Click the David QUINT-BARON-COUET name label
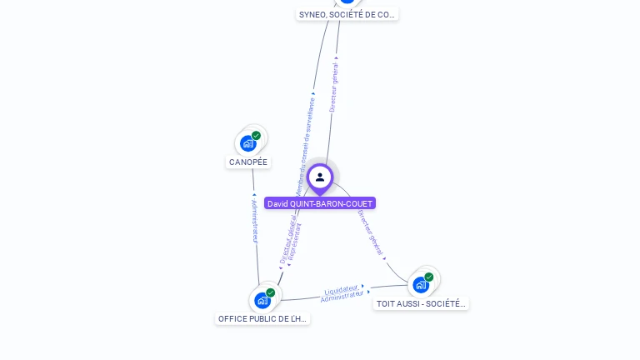click(320, 203)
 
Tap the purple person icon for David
click(320, 177)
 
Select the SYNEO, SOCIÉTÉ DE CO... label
click(347, 14)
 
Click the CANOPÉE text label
click(248, 162)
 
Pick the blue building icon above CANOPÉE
click(247, 143)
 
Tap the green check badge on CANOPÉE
click(256, 135)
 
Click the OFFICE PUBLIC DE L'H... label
click(262, 318)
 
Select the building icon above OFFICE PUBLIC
click(262, 300)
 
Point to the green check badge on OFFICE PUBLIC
click(271, 292)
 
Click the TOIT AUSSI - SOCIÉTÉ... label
click(421, 303)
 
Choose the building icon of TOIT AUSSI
click(421, 285)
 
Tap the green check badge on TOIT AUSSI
click(429, 277)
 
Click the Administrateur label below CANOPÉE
click(255, 220)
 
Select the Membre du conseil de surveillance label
click(305, 146)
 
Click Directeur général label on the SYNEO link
click(333, 86)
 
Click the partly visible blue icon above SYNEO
click(347, 2)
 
